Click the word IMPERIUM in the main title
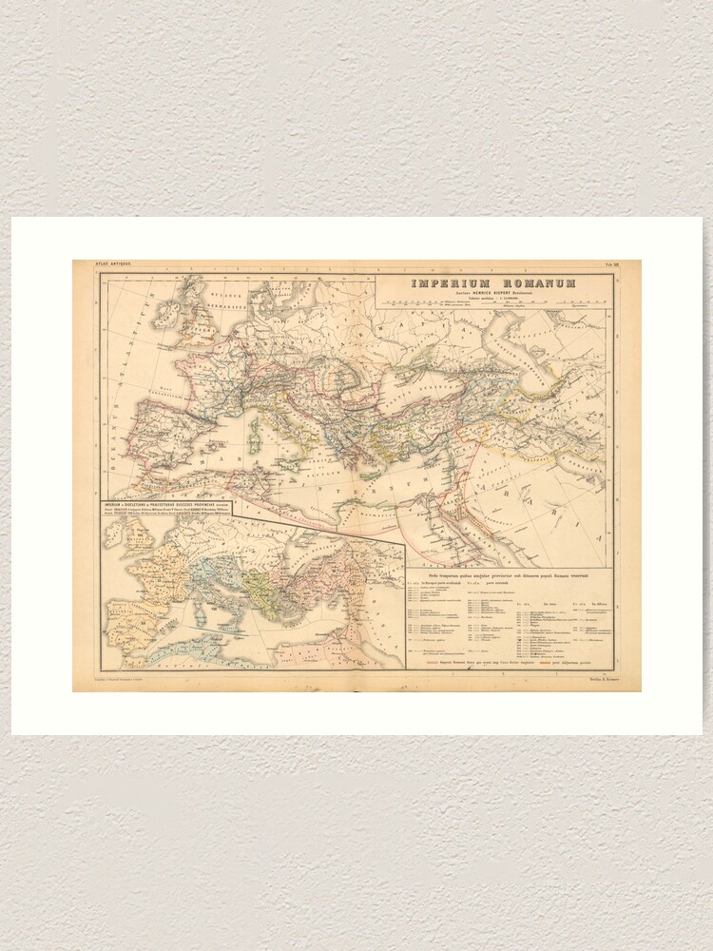[x=445, y=283]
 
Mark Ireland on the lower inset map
[x=116, y=531]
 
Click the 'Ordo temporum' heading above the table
[x=504, y=575]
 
